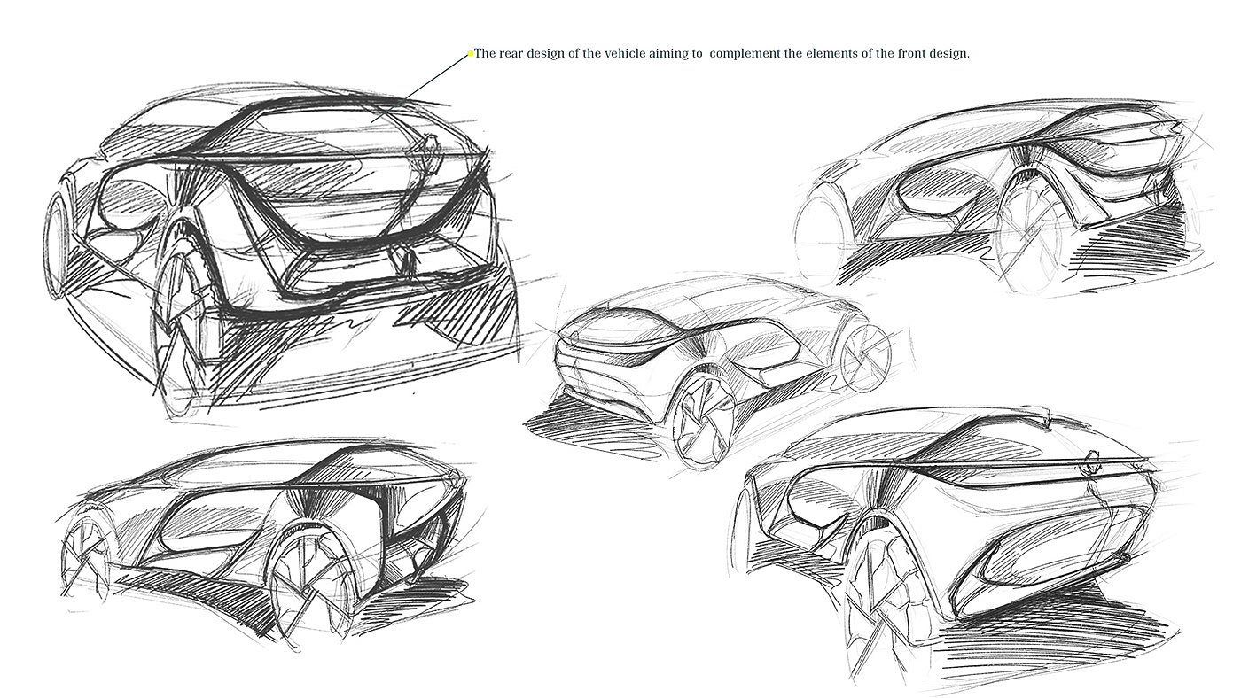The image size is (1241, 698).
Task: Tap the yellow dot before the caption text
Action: (471, 54)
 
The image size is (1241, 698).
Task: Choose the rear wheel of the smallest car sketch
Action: (862, 359)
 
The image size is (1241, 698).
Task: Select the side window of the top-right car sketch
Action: (931, 190)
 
